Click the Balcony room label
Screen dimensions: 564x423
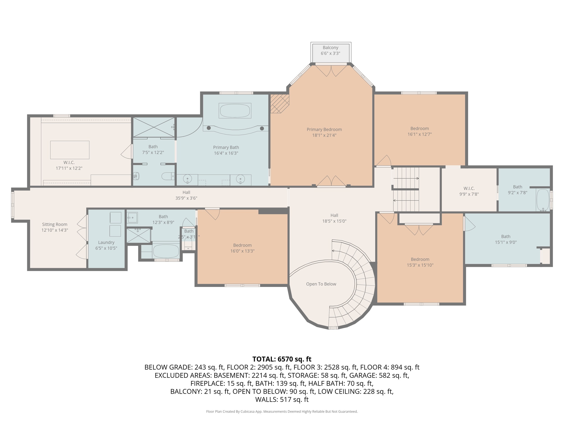(x=331, y=48)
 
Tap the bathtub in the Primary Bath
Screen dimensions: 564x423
(x=235, y=111)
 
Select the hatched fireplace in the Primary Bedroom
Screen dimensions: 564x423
(x=280, y=104)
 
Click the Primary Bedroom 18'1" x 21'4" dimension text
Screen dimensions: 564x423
(x=324, y=135)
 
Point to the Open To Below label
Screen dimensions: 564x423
(x=321, y=284)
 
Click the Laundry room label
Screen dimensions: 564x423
(x=106, y=243)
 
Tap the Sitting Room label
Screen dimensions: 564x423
(x=55, y=224)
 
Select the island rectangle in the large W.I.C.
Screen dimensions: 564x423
(x=70, y=150)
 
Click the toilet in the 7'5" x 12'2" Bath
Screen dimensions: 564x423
(x=168, y=176)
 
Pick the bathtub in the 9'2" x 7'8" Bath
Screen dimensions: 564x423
(x=543, y=200)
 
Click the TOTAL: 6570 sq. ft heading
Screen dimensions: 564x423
(x=282, y=359)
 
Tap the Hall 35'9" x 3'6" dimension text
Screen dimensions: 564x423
(x=186, y=198)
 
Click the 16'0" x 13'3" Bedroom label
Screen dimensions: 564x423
(x=242, y=245)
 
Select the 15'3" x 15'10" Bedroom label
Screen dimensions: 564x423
(x=420, y=259)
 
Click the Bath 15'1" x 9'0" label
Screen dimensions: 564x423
(x=506, y=239)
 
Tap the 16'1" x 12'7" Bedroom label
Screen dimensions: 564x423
(x=419, y=129)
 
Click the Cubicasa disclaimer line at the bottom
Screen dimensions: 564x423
(x=282, y=411)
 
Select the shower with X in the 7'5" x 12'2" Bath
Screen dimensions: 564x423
(x=154, y=127)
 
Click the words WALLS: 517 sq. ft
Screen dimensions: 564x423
(x=282, y=399)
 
